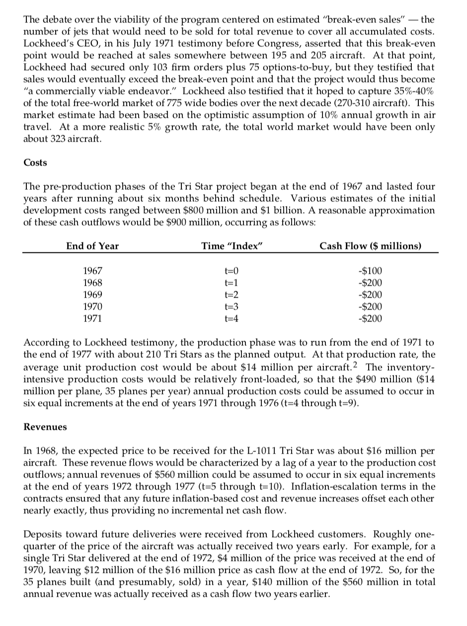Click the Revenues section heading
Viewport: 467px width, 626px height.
click(x=43, y=426)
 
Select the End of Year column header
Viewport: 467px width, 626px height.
click(x=92, y=246)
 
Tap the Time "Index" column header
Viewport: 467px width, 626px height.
click(x=232, y=246)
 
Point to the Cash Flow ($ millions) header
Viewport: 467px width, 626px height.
click(x=370, y=246)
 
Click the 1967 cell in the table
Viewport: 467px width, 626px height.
click(x=92, y=272)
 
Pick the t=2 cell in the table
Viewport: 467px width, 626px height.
click(x=232, y=295)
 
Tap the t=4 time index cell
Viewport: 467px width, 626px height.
click(x=232, y=318)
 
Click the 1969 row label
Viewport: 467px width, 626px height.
click(x=92, y=295)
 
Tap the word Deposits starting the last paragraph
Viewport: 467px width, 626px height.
click(x=43, y=534)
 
